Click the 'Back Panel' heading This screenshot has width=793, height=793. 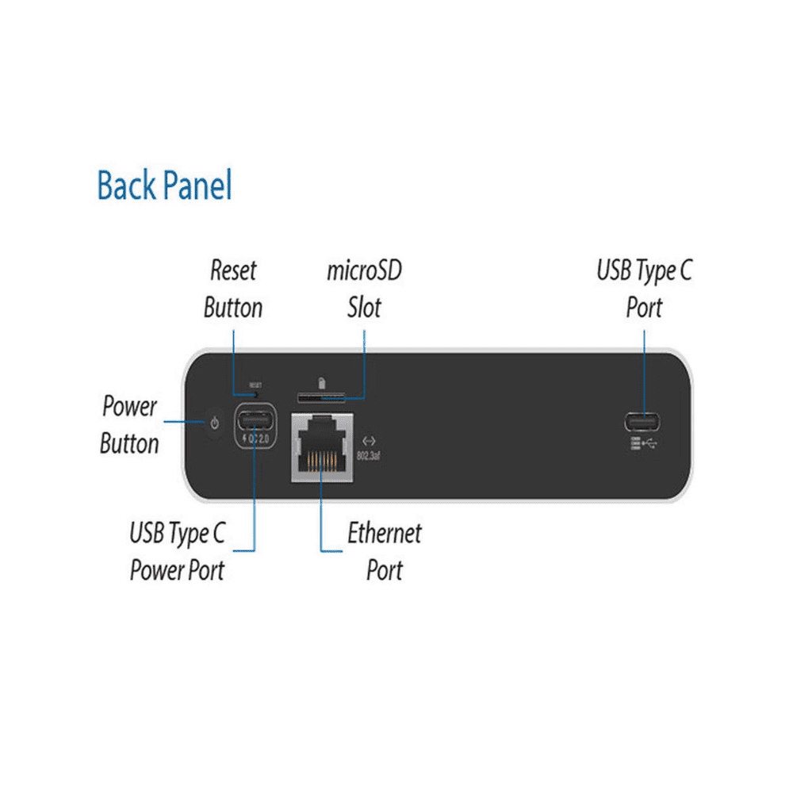click(164, 186)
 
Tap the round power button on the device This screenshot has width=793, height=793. click(213, 424)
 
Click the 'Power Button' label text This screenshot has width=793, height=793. click(129, 425)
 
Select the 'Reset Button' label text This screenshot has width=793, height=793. click(233, 289)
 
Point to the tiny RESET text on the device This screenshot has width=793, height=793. click(255, 385)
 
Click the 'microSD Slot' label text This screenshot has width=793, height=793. click(364, 289)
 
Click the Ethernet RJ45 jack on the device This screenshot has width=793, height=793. click(322, 448)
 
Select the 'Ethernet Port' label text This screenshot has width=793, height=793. click(385, 551)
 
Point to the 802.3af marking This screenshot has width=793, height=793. click(369, 455)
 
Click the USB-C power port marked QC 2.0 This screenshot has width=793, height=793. click(255, 419)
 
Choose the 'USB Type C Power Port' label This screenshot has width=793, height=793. click(178, 551)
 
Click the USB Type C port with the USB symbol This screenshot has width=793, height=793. click(643, 422)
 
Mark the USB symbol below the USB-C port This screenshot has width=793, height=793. click(644, 443)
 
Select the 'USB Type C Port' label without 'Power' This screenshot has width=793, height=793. click(644, 289)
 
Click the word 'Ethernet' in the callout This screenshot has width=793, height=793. click(385, 533)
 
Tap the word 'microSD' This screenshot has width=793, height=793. click(364, 270)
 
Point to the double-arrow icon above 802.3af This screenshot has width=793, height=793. click(368, 441)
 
